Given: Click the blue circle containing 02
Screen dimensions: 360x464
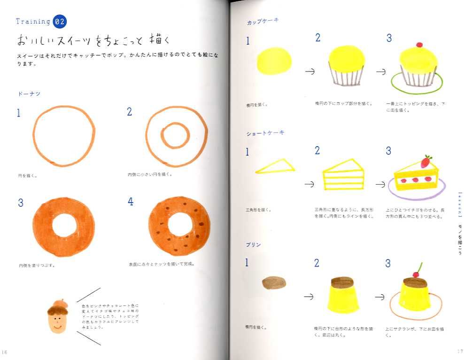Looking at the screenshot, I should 60,22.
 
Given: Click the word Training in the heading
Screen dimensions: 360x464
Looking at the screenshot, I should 33,22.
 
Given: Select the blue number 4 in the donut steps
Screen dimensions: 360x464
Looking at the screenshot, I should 131,202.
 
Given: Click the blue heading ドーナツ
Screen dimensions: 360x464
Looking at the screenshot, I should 29,94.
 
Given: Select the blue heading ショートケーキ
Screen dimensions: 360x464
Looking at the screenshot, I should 265,133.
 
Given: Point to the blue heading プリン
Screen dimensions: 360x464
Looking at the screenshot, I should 254,245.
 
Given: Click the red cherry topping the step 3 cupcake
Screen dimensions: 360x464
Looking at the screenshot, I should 419,46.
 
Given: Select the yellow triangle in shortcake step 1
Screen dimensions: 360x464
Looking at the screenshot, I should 276,166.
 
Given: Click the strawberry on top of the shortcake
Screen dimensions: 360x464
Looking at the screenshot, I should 425,162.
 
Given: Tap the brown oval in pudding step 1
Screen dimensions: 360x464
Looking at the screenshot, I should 273,282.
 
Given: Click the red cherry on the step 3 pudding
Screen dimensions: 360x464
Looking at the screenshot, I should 415,274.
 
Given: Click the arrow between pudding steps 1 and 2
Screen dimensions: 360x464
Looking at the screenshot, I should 309,297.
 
